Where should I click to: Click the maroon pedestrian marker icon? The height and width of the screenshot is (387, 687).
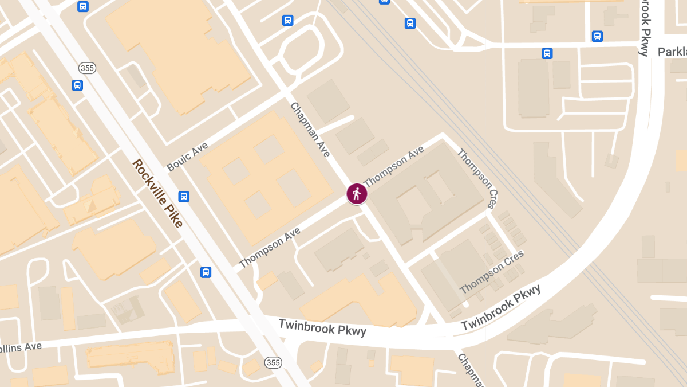[357, 194]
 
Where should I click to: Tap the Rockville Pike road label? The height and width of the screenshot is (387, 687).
[157, 193]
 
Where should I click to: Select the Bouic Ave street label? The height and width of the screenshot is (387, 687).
[187, 157]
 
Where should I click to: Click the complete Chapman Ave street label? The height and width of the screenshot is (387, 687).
[310, 130]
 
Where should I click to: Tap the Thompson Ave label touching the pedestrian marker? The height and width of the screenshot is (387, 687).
[394, 166]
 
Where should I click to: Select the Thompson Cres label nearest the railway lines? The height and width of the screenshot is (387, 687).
[476, 178]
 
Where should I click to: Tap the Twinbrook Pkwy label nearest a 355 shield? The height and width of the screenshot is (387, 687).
[322, 327]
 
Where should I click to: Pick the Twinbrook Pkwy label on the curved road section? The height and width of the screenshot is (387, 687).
[501, 307]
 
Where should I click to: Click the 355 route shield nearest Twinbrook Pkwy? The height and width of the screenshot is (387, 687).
[273, 362]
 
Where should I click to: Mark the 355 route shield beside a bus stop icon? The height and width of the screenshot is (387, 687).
[87, 68]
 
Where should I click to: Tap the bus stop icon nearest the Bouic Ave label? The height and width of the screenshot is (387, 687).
[184, 196]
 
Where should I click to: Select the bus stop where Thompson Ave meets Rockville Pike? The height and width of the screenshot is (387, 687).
[206, 272]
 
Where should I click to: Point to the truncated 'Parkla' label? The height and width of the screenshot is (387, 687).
[672, 52]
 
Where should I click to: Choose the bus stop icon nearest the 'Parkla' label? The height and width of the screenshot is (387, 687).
[597, 36]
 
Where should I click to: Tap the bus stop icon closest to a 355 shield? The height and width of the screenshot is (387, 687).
[77, 85]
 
